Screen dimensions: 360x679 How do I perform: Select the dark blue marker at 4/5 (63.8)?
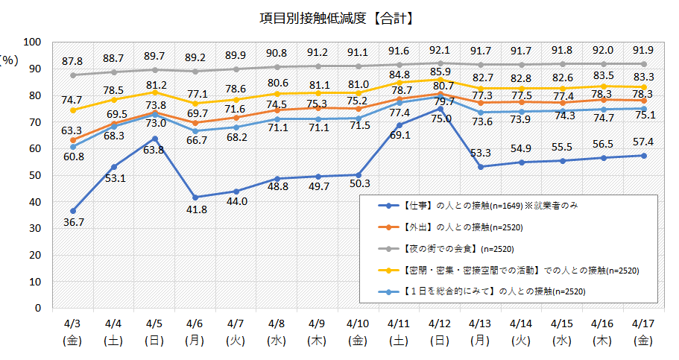coord(154,138)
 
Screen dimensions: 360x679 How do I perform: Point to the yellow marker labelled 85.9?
coord(440,79)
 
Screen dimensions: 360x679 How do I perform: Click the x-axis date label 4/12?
coord(439,323)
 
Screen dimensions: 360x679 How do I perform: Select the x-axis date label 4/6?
coord(195,323)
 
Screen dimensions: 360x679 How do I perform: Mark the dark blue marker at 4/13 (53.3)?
coord(481,166)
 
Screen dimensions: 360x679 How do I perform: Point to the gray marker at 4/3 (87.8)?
coord(73,75)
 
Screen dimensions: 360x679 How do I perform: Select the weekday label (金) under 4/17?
coord(643,341)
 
